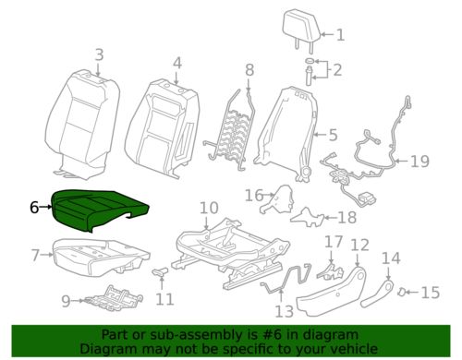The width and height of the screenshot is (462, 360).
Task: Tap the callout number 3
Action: coord(99,56)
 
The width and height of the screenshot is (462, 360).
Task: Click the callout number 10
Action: coord(209,209)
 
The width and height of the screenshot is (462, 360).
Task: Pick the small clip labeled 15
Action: coord(405,293)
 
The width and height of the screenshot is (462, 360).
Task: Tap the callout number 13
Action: coord(284,310)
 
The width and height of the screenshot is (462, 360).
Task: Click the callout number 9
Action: coord(66,300)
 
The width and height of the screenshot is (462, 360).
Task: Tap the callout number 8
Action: coord(249,70)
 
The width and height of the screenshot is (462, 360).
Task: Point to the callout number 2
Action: coord(338,69)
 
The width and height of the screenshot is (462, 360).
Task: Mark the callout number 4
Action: coord(177,63)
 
